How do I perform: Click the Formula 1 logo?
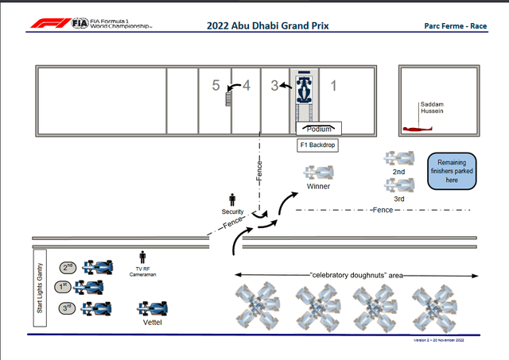coord(50,24)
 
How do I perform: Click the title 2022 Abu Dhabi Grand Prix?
coord(268,25)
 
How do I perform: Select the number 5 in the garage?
coord(215,85)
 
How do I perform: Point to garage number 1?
coord(334,85)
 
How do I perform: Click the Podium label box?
coord(319,128)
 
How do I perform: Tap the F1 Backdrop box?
coord(319,145)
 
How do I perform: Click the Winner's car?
coord(320,172)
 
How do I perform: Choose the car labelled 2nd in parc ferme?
coord(398,158)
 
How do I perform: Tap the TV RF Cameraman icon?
coord(143,257)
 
